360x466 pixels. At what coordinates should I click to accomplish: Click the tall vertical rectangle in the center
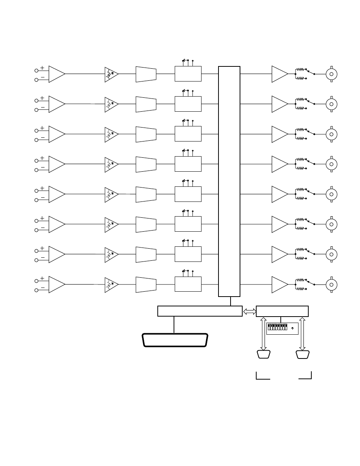coord(229,181)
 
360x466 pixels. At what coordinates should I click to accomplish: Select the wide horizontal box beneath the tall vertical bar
coord(200,311)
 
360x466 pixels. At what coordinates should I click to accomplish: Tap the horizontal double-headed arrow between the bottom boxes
coord(249,311)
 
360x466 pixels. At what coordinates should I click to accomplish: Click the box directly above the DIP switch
coord(282,311)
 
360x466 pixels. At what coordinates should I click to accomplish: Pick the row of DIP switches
coord(277,328)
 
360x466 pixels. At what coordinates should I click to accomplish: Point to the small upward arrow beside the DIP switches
coord(292,328)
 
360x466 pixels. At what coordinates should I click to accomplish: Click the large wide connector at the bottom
coord(175,340)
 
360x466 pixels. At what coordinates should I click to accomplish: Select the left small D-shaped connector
coord(263,354)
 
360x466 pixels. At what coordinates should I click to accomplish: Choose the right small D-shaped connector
coord(303,354)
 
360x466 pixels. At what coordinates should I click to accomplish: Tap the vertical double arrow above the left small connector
coord(263,334)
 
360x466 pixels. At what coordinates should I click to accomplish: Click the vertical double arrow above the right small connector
coord(302,334)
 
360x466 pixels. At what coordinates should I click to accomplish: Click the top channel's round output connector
coord(331,74)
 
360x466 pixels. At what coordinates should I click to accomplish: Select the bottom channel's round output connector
coord(331,285)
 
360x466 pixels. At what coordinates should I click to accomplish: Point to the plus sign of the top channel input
coord(42,68)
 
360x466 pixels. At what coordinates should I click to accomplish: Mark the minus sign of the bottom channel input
coord(42,288)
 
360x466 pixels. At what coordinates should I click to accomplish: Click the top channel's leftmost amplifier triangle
coord(56,74)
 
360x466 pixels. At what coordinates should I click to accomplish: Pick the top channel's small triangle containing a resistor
coord(111,74)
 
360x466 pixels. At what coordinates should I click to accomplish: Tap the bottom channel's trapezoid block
coord(146,285)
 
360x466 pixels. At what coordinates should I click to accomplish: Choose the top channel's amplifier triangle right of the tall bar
coord(279,74)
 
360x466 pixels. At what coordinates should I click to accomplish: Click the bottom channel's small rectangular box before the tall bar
coord(188,284)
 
